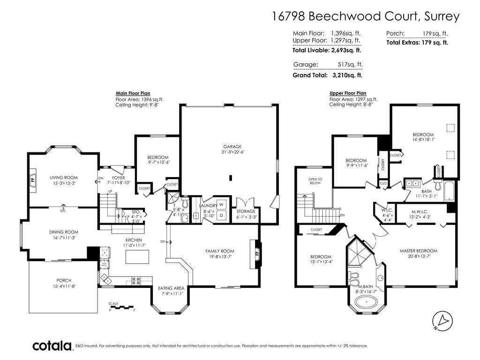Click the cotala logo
tap(52, 346)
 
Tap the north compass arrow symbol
tap(442, 321)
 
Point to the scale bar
tap(122, 307)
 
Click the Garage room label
tap(232, 147)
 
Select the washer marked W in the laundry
tap(221, 204)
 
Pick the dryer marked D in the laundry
tap(221, 216)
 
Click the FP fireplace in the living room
tap(33, 180)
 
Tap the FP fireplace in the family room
tap(256, 254)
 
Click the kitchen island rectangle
tap(137, 256)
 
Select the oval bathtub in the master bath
tap(366, 303)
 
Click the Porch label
tap(64, 280)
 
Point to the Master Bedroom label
tap(419, 251)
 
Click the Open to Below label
tap(315, 181)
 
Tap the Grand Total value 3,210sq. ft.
tap(347, 75)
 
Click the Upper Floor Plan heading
tap(348, 93)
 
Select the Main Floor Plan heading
tap(133, 93)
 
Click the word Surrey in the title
tap(442, 16)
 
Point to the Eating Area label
tap(171, 288)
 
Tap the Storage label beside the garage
tap(246, 211)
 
